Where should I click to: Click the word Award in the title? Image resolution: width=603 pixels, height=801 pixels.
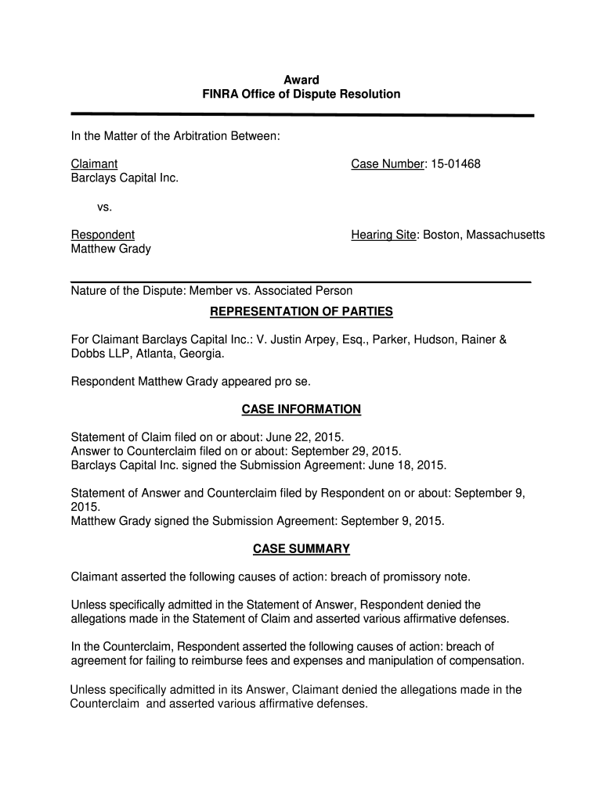[301, 80]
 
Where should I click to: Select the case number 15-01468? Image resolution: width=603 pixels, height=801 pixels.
[454, 164]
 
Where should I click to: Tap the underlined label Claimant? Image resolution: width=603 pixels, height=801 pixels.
[95, 164]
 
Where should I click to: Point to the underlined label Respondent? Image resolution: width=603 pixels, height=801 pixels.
[103, 235]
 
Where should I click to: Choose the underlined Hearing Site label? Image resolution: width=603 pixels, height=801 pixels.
[384, 235]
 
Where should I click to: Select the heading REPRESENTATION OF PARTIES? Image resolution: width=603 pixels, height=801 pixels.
[301, 312]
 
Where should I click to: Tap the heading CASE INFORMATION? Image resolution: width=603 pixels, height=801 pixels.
[301, 409]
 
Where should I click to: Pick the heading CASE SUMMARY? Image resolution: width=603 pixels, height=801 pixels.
[301, 549]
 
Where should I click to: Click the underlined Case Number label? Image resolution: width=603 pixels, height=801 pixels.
[387, 164]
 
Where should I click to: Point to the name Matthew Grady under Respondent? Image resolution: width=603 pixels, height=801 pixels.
[111, 249]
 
